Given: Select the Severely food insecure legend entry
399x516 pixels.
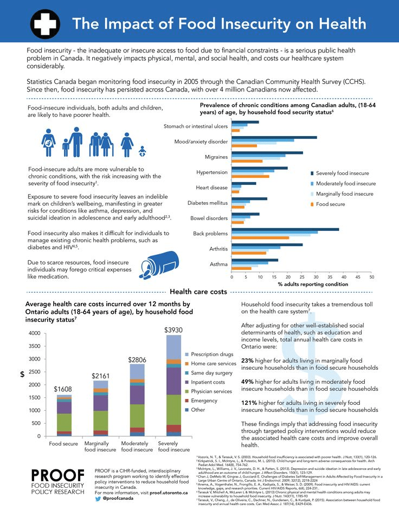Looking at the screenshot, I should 342,173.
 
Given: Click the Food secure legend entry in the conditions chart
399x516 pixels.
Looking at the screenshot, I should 330,204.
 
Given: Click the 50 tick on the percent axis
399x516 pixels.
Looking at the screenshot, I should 371,276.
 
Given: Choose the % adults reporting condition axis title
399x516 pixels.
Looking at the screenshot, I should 313,284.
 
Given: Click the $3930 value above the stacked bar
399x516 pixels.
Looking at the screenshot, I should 173,330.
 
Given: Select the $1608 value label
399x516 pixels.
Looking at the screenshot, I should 64,389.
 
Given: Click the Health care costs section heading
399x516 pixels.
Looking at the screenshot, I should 198,292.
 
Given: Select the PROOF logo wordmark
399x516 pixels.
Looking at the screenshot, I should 57,475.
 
